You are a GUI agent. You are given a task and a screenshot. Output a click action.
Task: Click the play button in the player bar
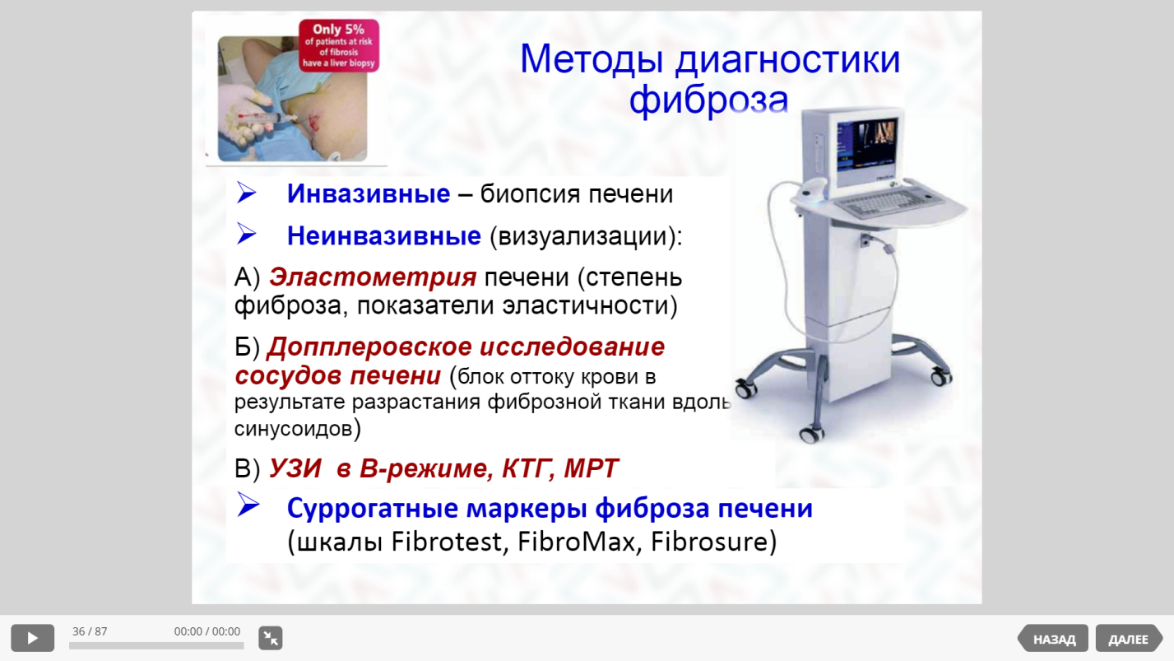pos(32,638)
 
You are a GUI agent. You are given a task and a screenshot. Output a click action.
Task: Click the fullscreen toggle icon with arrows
pos(271,638)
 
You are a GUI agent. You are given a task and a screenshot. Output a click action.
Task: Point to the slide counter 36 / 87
pos(90,631)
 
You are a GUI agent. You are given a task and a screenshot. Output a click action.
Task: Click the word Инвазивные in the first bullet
pos(368,193)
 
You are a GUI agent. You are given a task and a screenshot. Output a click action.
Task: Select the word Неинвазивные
pos(383,235)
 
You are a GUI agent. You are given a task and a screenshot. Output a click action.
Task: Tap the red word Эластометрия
pos(373,277)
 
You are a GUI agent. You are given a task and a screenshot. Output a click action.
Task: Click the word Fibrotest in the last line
pos(450,542)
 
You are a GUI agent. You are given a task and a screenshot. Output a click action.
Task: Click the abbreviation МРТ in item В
pos(591,468)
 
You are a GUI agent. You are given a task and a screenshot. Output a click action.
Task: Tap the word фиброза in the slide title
pos(708,100)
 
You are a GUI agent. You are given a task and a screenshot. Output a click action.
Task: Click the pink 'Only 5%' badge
pos(339,45)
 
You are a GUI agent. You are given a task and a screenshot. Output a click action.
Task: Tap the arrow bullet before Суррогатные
pos(248,505)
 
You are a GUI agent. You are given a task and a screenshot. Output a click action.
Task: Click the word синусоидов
pos(294,429)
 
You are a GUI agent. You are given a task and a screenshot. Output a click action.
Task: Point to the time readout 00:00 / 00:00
pos(207,631)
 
